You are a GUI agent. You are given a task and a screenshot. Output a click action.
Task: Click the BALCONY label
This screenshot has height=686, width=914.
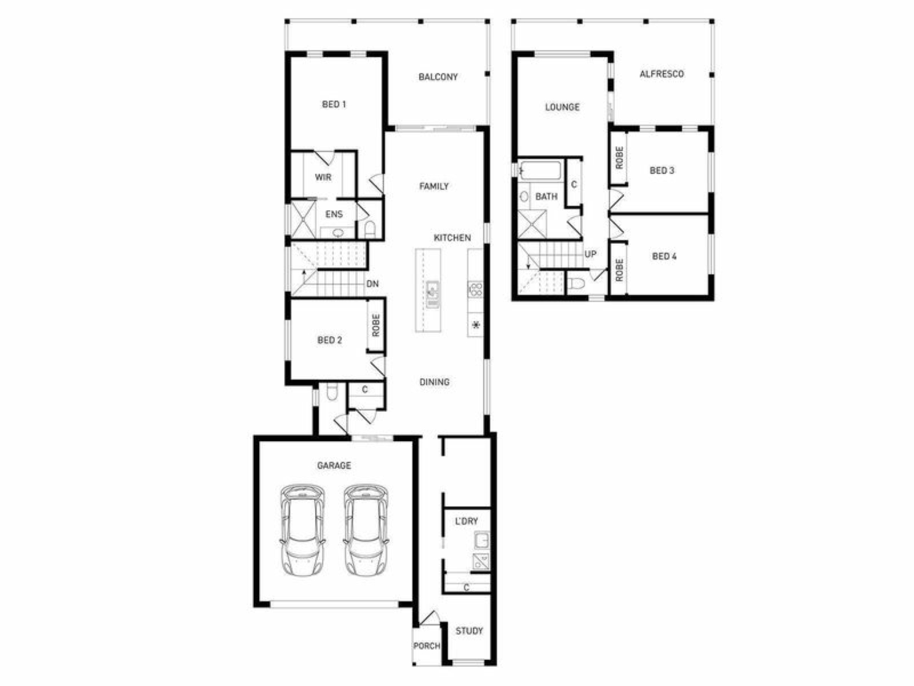click(438, 77)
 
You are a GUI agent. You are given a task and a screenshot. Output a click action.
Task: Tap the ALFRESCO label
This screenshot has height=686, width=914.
click(662, 74)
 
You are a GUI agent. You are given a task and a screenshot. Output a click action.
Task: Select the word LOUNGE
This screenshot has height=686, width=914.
click(563, 107)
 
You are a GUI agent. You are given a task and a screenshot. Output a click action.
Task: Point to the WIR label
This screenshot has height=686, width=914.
click(323, 177)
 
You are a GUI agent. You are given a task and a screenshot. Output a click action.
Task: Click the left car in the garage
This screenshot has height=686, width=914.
click(303, 530)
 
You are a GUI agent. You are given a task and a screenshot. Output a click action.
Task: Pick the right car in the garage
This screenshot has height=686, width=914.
click(366, 530)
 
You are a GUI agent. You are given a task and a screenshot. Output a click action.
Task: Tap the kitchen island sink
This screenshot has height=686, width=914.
click(432, 294)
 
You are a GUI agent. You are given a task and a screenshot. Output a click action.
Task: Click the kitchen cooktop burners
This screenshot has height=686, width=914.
click(475, 289)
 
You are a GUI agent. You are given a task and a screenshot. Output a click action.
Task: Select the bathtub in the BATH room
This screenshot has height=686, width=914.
click(540, 171)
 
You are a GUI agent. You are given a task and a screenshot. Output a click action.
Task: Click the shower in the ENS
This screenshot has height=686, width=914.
click(303, 220)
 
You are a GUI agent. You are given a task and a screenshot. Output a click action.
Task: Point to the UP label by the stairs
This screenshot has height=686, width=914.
click(591, 254)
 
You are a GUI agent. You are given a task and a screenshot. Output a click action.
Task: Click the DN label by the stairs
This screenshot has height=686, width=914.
click(372, 284)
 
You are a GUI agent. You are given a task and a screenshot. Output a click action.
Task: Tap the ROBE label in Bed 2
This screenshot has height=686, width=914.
click(376, 325)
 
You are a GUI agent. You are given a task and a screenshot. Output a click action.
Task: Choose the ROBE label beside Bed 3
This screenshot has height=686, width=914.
click(619, 158)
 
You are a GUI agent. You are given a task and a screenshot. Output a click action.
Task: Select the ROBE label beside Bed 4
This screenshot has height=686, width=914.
click(619, 270)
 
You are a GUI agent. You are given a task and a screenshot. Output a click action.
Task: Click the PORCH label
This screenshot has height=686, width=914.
click(427, 645)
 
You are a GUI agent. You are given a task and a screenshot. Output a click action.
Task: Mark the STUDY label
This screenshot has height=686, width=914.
click(470, 631)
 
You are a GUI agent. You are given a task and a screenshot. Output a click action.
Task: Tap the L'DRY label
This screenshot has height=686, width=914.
click(466, 521)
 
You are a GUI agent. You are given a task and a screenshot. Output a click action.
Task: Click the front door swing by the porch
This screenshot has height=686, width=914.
click(430, 618)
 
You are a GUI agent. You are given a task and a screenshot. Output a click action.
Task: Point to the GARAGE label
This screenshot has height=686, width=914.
click(334, 465)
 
